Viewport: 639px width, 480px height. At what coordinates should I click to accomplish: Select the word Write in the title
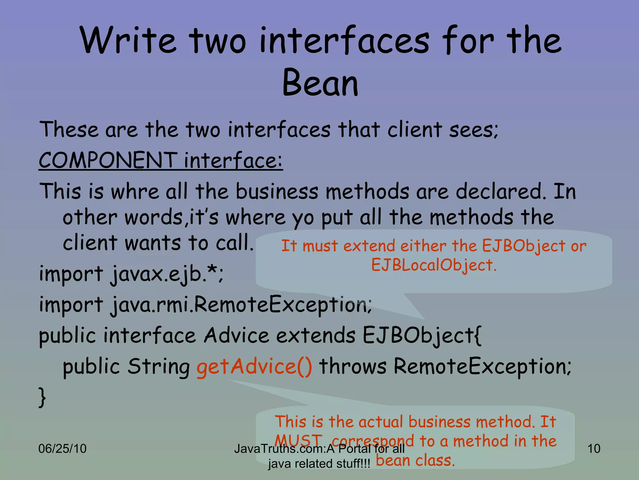click(128, 41)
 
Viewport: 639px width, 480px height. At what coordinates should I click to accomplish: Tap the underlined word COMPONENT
click(108, 160)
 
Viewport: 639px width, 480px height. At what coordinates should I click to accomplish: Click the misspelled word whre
click(135, 191)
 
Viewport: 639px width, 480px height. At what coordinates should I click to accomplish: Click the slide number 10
click(594, 449)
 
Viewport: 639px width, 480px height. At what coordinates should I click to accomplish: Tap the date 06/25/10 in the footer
click(62, 449)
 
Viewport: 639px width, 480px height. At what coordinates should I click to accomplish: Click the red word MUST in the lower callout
click(298, 441)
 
